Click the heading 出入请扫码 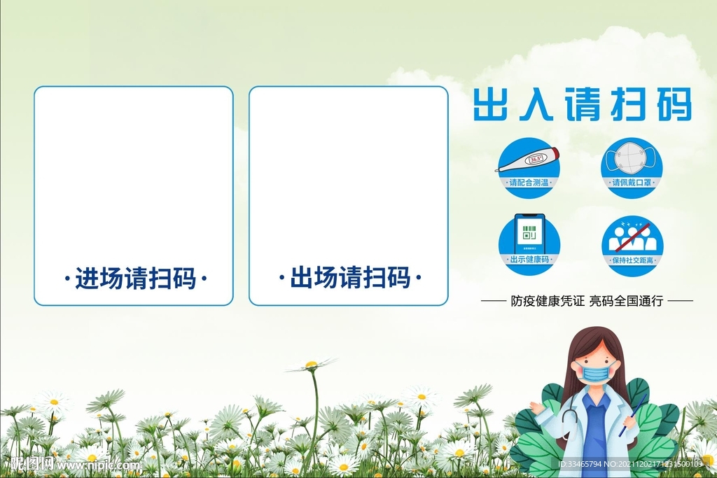tap(582, 106)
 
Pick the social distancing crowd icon tap(632, 237)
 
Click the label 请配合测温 tap(529, 183)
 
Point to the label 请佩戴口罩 tap(632, 183)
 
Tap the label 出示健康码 tap(529, 260)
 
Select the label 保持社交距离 tap(632, 260)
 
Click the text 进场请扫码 tap(134, 279)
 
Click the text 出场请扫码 tap(349, 279)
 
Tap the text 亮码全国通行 tap(626, 302)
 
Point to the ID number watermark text tap(630, 464)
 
